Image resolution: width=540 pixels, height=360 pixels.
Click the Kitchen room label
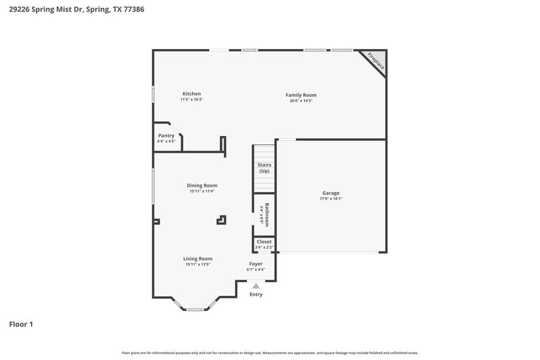191,94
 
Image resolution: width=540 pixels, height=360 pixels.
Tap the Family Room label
301,95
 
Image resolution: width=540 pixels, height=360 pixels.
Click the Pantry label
166,135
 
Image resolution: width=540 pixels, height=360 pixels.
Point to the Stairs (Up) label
264,168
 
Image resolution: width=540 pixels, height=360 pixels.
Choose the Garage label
331,193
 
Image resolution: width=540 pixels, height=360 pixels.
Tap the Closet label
264,242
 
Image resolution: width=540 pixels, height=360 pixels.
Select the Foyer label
255,264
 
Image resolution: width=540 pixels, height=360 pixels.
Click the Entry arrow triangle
256,286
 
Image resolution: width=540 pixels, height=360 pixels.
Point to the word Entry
256,294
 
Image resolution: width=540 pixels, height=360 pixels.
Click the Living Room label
198,258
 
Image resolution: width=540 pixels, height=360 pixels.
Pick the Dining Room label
201,186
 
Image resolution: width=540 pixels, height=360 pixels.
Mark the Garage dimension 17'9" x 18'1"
331,199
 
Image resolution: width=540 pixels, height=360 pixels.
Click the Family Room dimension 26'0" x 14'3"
301,101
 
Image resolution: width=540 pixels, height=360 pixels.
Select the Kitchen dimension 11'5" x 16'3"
191,100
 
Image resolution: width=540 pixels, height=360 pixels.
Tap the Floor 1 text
21,324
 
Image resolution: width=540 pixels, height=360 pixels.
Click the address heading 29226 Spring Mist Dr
55,9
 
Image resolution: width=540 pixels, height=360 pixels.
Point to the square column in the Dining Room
221,220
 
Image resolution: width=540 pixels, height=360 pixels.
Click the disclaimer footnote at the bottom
269,353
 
